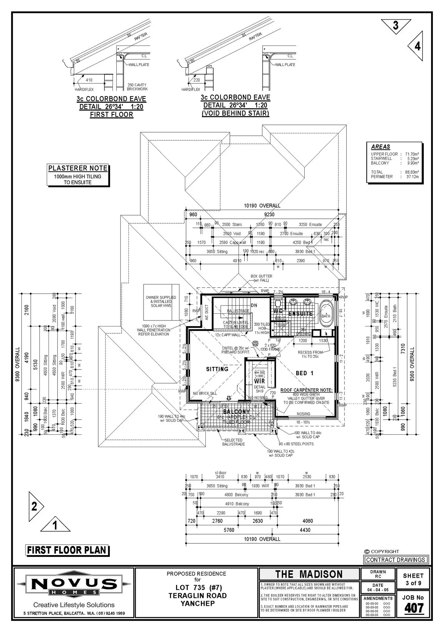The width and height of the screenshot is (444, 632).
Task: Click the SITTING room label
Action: click(217, 369)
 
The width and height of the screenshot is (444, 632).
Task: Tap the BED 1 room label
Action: click(304, 373)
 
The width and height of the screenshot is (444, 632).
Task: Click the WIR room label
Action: click(259, 381)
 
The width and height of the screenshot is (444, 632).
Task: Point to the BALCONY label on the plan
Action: click(236, 411)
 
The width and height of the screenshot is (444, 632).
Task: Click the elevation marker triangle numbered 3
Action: click(396, 26)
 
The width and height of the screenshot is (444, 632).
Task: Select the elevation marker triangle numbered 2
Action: click(35, 506)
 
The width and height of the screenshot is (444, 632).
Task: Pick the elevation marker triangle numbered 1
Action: click(55, 525)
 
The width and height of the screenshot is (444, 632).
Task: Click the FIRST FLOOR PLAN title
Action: click(67, 550)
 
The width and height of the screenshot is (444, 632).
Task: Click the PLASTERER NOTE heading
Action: click(78, 168)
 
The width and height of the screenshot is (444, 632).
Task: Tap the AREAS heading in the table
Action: click(380, 147)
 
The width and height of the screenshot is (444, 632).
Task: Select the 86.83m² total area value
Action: click(412, 172)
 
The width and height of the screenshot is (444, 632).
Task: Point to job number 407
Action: click(414, 608)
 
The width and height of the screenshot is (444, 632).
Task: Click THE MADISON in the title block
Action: click(309, 574)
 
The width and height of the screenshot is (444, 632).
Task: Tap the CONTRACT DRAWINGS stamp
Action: click(395, 560)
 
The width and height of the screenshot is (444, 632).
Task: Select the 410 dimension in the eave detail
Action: click(89, 80)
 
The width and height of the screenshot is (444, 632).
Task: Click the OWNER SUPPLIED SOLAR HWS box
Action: click(161, 302)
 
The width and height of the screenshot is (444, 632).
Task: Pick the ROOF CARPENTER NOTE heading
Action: click(306, 390)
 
